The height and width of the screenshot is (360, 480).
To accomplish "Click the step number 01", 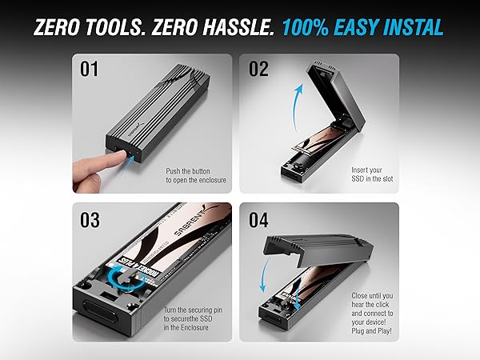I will pyautogui.click(x=89, y=70).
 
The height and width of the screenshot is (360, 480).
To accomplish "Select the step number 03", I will pyautogui.click(x=90, y=219).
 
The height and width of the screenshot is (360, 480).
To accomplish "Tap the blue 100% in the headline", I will pyautogui.click(x=306, y=27).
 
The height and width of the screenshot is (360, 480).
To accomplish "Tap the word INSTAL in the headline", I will pyautogui.click(x=412, y=27).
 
